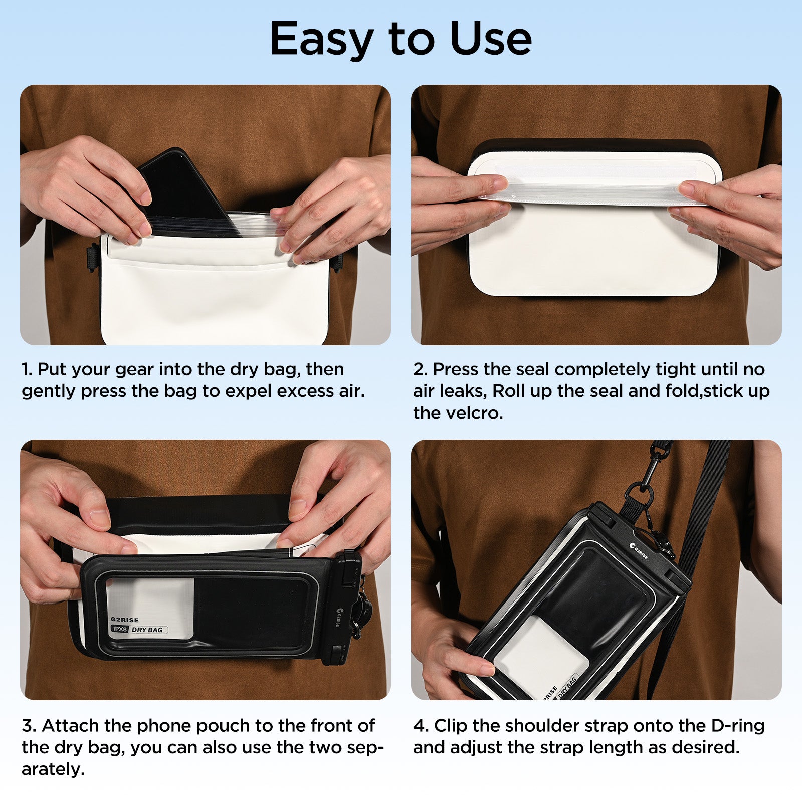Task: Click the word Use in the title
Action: pyautogui.click(x=490, y=39)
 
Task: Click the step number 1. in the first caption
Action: pyautogui.click(x=27, y=370)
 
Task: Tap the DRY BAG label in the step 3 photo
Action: pyautogui.click(x=147, y=630)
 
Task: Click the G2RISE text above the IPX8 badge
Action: pyautogui.click(x=125, y=620)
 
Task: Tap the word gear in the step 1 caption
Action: pyautogui.click(x=134, y=370)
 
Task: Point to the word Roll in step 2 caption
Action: pyautogui.click(x=508, y=391)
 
